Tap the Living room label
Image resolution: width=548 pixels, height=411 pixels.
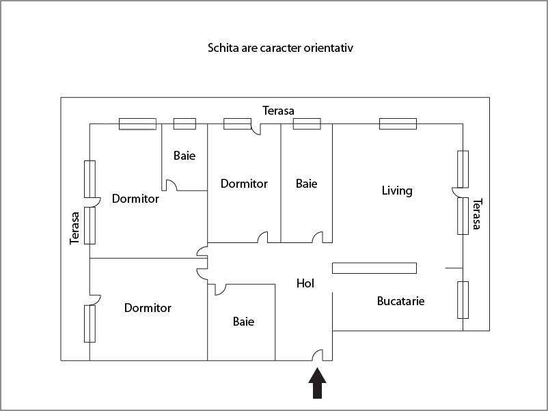point(397,190)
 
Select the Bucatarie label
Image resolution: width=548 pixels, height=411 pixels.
point(400,300)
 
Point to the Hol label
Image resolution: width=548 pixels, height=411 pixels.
point(305,283)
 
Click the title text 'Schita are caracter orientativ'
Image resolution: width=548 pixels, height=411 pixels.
point(280,48)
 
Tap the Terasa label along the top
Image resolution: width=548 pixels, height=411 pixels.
point(279,111)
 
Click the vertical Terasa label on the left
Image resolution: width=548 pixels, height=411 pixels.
point(75,227)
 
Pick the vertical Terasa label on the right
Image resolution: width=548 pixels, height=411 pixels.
point(477,214)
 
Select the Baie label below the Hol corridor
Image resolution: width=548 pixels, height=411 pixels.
point(243,322)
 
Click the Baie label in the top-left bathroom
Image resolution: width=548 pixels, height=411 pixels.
point(184,156)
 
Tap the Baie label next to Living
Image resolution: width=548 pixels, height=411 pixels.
point(307,184)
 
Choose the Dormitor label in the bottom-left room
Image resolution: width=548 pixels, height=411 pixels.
point(148,308)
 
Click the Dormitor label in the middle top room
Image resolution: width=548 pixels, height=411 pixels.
point(244,184)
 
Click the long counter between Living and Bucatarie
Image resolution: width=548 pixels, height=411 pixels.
point(374,268)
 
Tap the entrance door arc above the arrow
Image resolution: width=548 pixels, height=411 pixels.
point(318,355)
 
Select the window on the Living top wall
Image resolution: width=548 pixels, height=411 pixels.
point(398,124)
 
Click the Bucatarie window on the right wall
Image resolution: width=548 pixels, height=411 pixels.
point(463,300)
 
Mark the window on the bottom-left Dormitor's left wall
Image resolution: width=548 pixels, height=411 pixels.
point(90,324)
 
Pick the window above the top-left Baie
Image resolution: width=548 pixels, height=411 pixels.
point(184,124)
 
